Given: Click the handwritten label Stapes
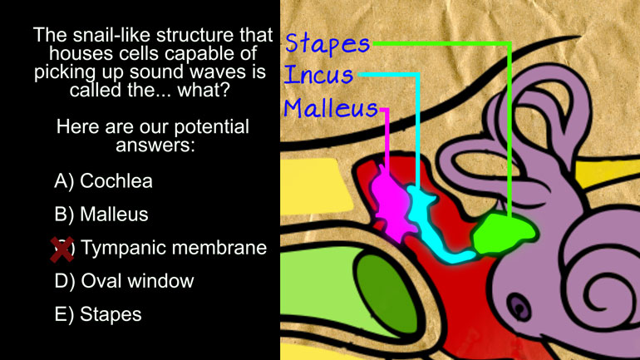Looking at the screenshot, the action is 327,44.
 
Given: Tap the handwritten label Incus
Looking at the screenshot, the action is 318,75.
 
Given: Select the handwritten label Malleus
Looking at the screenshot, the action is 331,108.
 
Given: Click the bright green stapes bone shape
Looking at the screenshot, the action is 503,233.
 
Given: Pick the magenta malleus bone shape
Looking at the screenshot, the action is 391,204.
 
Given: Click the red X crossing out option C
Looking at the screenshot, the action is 62,249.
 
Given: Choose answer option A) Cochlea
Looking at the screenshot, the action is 103,180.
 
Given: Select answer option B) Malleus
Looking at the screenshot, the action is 101,215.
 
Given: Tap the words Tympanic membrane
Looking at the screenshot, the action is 174,248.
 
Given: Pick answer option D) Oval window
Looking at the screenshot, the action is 124,281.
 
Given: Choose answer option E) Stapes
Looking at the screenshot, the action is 98,314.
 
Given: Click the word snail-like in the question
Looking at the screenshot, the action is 112,35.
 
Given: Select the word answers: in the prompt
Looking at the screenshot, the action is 155,145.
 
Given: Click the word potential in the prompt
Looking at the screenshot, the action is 211,127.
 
